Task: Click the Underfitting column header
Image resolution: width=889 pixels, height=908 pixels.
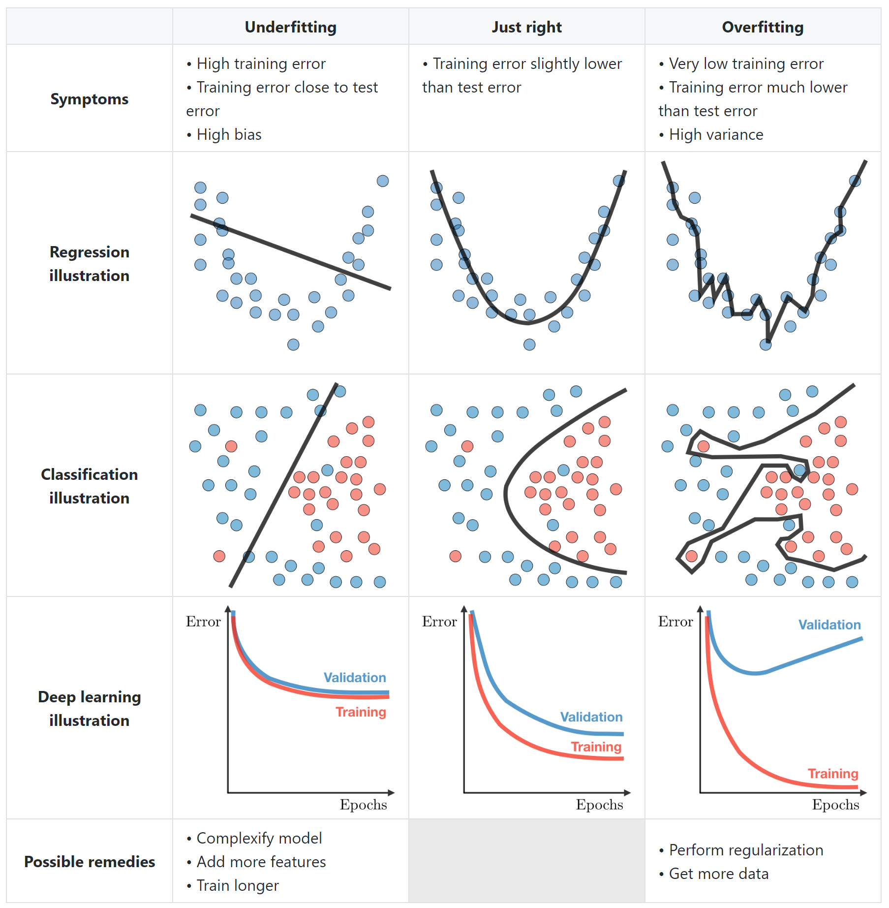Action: [x=290, y=27]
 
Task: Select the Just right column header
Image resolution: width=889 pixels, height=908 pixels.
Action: [x=526, y=27]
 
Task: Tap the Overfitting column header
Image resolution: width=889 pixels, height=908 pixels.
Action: [x=763, y=27]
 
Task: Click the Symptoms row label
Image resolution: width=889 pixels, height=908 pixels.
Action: [x=89, y=99]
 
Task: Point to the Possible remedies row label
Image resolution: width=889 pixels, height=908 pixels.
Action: [x=89, y=862]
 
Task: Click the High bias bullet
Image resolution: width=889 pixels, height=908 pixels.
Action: [x=229, y=134]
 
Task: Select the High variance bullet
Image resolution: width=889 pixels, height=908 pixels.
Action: [x=716, y=134]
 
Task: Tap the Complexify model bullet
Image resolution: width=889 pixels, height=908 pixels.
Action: [x=259, y=838]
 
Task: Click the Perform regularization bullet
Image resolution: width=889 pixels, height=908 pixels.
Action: [x=746, y=850]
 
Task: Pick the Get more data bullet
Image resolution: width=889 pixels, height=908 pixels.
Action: [x=718, y=874]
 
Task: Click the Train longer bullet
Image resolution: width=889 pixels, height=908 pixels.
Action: [x=237, y=885]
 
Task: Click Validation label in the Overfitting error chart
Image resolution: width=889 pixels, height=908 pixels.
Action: [x=829, y=625]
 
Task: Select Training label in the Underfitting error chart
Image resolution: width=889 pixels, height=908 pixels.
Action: [x=361, y=712]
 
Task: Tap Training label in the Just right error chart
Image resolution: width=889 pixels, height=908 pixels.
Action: [x=596, y=747]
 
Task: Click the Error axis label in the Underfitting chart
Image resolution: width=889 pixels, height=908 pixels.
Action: [x=203, y=622]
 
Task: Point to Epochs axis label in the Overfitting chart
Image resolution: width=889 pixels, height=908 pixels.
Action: [x=835, y=805]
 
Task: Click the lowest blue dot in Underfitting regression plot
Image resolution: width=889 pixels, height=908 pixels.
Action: [x=293, y=344]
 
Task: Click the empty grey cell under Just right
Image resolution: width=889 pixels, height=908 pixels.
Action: [x=526, y=861]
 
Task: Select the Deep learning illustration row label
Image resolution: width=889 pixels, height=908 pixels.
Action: [x=89, y=709]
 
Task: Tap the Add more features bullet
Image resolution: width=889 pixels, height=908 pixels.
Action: [x=261, y=862]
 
